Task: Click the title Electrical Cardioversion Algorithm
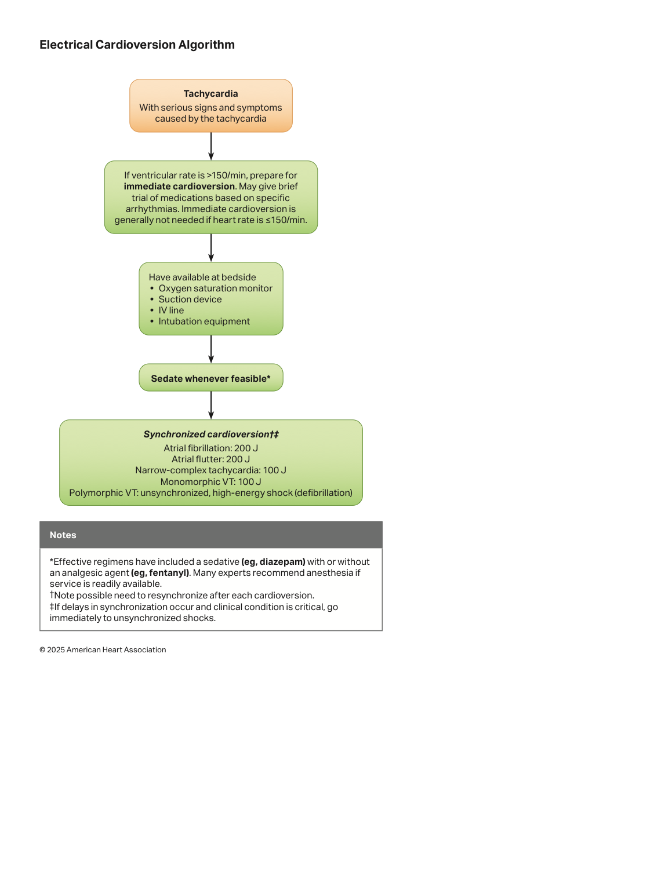[x=137, y=45]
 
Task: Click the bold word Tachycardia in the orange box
[x=210, y=94]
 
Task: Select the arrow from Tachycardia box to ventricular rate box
[x=211, y=147]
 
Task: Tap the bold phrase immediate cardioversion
[x=179, y=187]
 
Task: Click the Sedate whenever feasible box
[x=211, y=378]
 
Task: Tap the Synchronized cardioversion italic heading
[x=211, y=434]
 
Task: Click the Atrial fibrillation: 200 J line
[x=210, y=448]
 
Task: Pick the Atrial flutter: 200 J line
[x=210, y=459]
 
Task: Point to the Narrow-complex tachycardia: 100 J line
[x=210, y=470]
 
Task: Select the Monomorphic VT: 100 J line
[x=210, y=482]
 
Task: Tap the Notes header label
[x=63, y=535]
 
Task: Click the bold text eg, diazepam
[x=273, y=563]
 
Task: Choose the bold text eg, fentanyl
[x=160, y=573]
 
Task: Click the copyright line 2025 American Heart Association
[x=103, y=650]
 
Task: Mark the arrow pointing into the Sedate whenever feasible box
[x=211, y=349]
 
